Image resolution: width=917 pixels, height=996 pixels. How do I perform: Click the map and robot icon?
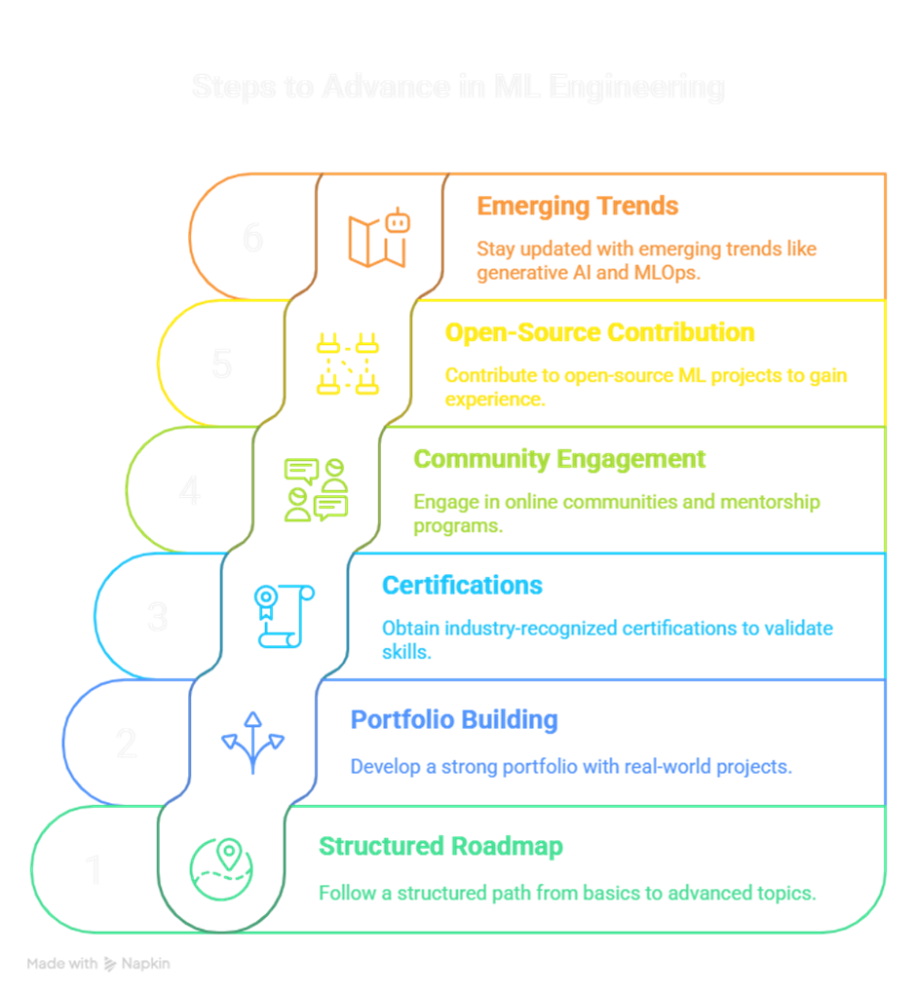(x=377, y=238)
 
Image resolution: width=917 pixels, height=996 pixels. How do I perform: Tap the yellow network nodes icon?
(x=347, y=364)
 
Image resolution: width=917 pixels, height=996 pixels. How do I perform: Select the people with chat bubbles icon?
(x=316, y=490)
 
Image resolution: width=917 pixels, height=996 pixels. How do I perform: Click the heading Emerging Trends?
(x=577, y=207)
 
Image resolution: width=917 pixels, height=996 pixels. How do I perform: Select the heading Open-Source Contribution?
(x=599, y=332)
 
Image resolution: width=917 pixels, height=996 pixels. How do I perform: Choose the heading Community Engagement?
(x=559, y=458)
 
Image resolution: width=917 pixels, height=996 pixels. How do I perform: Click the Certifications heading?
(x=462, y=585)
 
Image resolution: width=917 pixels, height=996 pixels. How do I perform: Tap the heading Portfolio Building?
(x=454, y=720)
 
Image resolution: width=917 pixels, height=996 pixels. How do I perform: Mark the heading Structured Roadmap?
(x=440, y=846)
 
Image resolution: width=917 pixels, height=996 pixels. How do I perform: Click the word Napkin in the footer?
(x=146, y=964)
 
